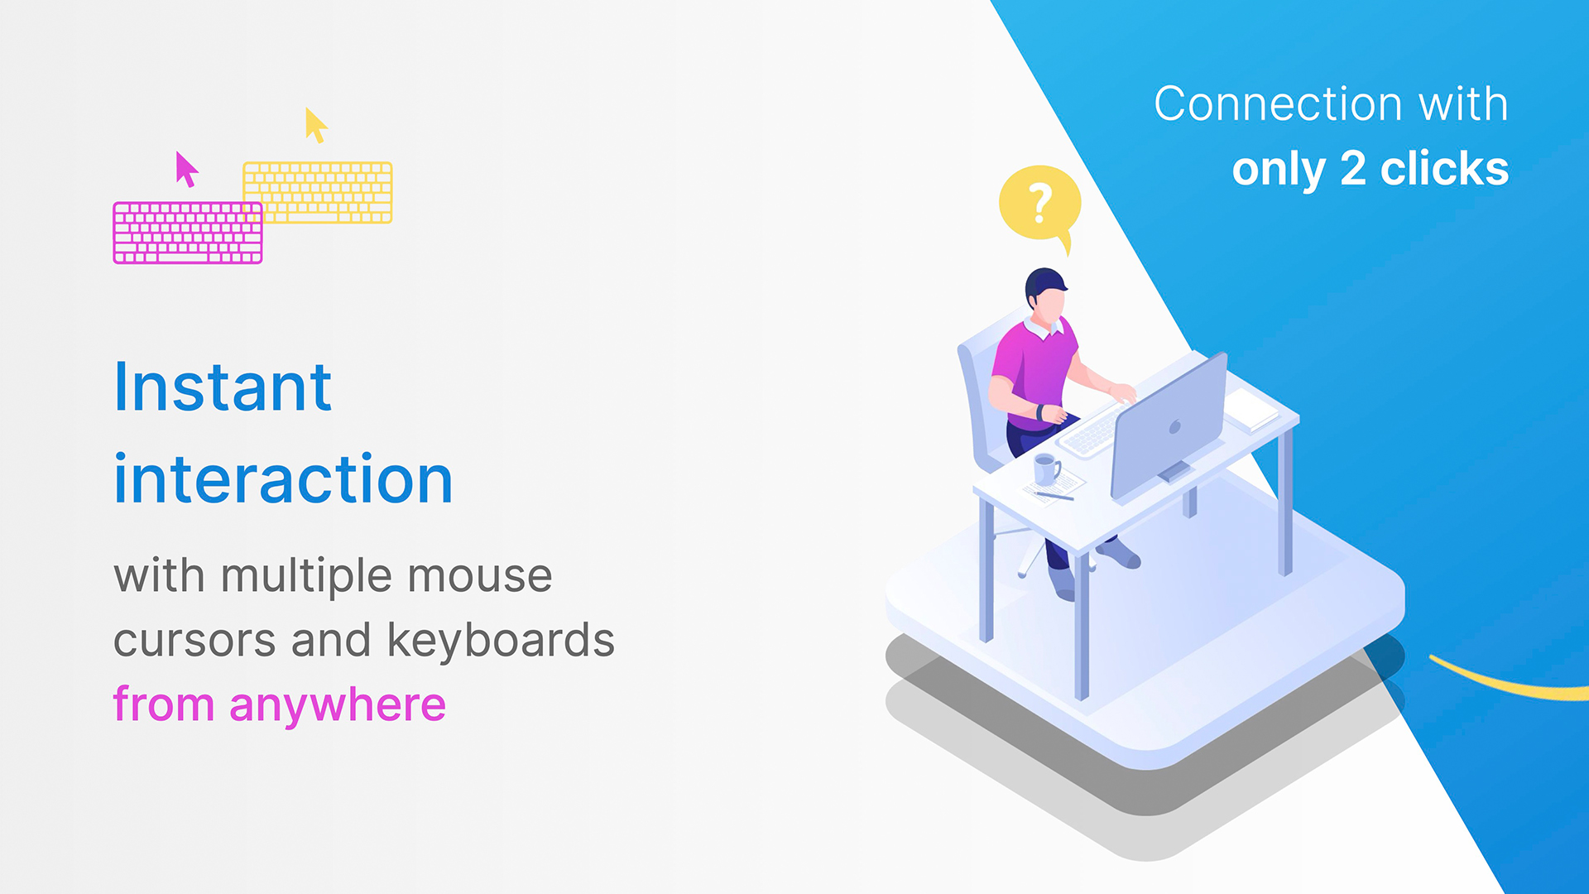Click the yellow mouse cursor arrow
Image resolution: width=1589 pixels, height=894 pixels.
tap(314, 124)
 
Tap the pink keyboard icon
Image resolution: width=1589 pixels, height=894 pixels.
tap(188, 233)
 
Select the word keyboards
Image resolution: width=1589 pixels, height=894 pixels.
tap(501, 640)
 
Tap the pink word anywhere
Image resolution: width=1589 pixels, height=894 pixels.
tap(338, 706)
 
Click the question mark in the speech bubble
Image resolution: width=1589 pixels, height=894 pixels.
tap(1040, 204)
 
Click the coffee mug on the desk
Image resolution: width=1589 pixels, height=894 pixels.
tap(1047, 469)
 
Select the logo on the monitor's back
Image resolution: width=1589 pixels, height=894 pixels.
tap(1174, 427)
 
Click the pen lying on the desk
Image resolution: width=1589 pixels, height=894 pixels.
tap(1054, 496)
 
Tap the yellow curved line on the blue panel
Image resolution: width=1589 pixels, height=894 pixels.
tap(1506, 685)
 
